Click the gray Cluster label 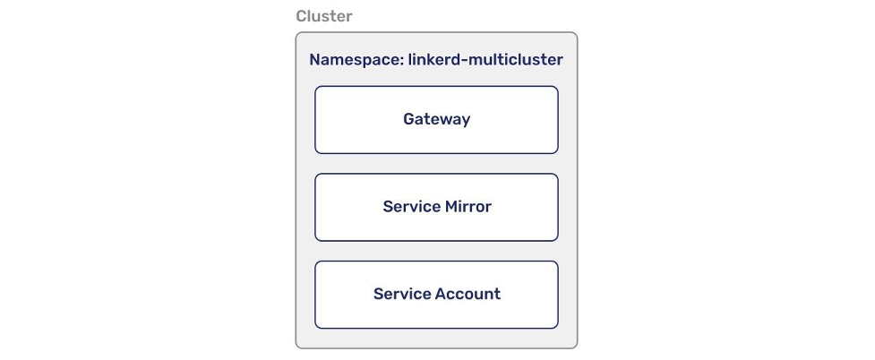click(x=324, y=17)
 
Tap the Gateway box click(x=436, y=119)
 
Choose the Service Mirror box click(x=436, y=207)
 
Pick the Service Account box click(x=436, y=295)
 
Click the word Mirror click(x=468, y=207)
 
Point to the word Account click(x=468, y=295)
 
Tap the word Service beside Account click(x=402, y=295)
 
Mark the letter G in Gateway click(x=409, y=119)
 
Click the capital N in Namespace click(x=315, y=60)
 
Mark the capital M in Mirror click(x=452, y=207)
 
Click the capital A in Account click(x=441, y=295)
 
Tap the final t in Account click(x=497, y=295)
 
